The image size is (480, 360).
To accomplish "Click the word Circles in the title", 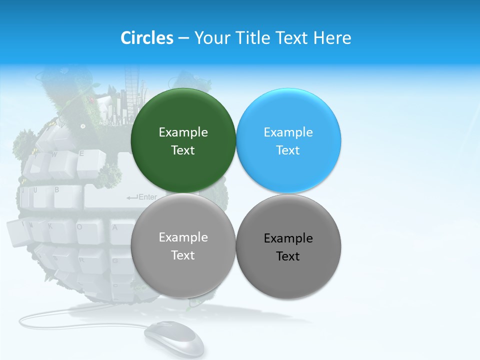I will pos(146,38).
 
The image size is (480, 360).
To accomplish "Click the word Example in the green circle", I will pos(183,132).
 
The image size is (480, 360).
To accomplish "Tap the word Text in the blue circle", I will pos(288,150).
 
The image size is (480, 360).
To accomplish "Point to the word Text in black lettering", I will pos(288,256).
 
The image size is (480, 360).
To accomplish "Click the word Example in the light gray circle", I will pos(183,237).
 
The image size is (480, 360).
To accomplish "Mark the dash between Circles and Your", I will pos(183,38).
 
